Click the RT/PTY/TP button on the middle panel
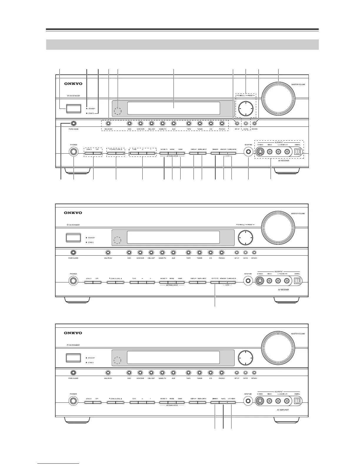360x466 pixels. [x=215, y=282]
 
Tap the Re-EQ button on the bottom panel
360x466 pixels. [x=223, y=402]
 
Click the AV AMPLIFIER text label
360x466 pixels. [x=283, y=410]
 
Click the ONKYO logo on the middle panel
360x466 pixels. [x=73, y=213]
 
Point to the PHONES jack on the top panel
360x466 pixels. [x=74, y=152]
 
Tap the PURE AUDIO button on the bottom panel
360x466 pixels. [x=73, y=372]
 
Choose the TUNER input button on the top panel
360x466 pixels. [x=200, y=124]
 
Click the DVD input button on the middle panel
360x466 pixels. [x=129, y=252]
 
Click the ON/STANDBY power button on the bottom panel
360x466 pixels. [x=73, y=357]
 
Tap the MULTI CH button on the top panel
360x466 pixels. [x=108, y=124]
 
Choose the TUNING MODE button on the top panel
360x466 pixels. [x=232, y=153]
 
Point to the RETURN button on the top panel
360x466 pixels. [x=254, y=124]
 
